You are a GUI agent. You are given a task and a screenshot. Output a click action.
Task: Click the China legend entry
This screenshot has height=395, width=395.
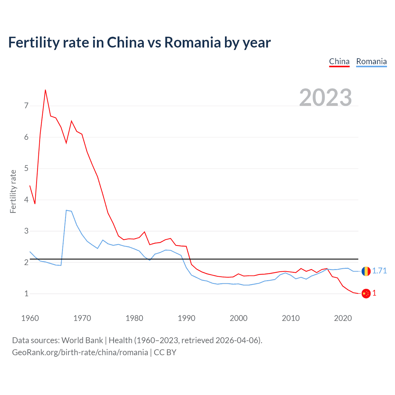point(339,61)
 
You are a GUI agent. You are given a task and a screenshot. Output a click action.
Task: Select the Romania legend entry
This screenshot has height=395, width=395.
point(371,61)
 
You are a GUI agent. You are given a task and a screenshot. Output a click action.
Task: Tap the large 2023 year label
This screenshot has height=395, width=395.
point(326,98)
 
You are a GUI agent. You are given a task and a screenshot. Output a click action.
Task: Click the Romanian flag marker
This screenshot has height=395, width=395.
point(366,271)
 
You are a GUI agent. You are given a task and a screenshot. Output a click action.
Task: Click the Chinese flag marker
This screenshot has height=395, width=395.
point(366,293)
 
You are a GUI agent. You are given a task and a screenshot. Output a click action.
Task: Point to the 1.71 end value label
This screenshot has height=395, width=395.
point(379,271)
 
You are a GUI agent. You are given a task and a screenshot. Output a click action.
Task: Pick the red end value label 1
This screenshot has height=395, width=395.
point(374,293)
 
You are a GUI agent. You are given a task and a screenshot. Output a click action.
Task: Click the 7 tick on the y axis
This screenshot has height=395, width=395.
point(26,106)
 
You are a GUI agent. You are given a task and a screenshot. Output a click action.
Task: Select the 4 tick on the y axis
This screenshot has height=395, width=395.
point(26,200)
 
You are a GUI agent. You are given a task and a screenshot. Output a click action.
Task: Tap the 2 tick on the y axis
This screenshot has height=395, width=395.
point(26,262)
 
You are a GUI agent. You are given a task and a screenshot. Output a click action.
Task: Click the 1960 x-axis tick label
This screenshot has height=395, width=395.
point(30,318)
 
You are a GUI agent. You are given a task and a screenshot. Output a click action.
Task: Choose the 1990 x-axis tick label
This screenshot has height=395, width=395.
point(186,318)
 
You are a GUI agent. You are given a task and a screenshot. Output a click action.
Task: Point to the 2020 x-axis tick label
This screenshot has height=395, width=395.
point(343,318)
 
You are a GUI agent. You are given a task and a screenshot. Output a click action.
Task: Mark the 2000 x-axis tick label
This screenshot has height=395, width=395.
point(239,318)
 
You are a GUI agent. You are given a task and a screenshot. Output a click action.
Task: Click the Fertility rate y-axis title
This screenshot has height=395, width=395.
point(13,191)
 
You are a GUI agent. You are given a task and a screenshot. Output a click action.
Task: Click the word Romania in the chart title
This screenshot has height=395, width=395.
point(192,42)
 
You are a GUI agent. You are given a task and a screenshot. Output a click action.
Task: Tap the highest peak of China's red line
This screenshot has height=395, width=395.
point(45,90)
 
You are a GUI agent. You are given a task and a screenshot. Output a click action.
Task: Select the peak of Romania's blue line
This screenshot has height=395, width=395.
point(66,210)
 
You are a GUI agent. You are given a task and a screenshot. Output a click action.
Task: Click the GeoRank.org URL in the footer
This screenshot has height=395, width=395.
point(80,352)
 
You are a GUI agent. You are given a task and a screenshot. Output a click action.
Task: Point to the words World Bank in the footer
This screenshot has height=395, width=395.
point(82,340)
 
